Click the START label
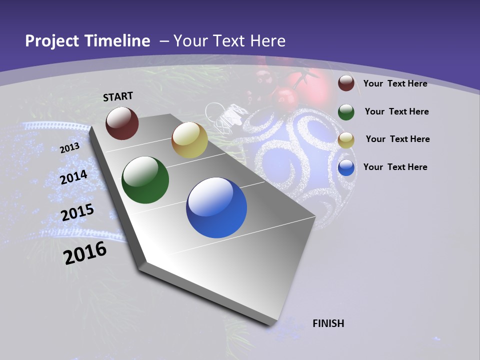(118, 96)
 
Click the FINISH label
(328, 323)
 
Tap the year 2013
(69, 147)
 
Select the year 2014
(73, 177)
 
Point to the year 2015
(77, 212)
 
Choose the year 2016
(85, 252)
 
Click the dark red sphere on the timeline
(122, 123)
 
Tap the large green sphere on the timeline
(145, 180)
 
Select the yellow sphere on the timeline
(189, 140)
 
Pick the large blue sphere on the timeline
(216, 207)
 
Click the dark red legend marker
(346, 83)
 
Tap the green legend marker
(346, 111)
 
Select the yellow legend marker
(346, 139)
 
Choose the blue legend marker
(346, 167)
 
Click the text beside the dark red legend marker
(395, 83)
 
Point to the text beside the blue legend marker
(395, 167)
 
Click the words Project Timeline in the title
(87, 41)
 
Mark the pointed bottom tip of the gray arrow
(270, 325)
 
